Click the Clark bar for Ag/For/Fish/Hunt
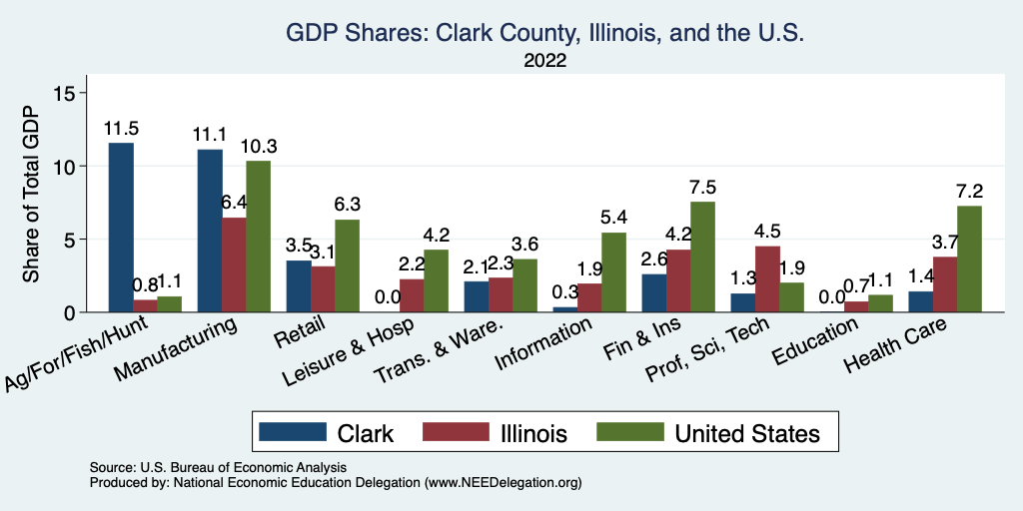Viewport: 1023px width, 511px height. [121, 228]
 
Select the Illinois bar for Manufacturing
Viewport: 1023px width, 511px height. [234, 264]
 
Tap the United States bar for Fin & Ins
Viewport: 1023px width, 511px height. [702, 256]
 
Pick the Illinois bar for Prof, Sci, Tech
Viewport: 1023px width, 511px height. [768, 278]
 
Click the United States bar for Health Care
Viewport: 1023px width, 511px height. [968, 258]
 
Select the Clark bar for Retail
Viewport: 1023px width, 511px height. [299, 286]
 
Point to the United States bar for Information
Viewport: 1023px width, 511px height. [613, 272]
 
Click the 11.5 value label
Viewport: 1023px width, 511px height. [121, 129]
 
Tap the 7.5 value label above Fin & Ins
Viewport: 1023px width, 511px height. [702, 188]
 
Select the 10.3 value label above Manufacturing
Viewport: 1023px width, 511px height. [259, 147]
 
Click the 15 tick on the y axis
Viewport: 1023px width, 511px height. [65, 93]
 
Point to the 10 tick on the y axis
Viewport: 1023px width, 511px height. [65, 166]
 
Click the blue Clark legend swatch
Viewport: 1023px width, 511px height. [293, 431]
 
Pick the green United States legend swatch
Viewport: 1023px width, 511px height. [629, 431]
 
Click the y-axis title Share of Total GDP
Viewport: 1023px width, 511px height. [31, 196]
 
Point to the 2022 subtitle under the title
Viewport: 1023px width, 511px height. [544, 61]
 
